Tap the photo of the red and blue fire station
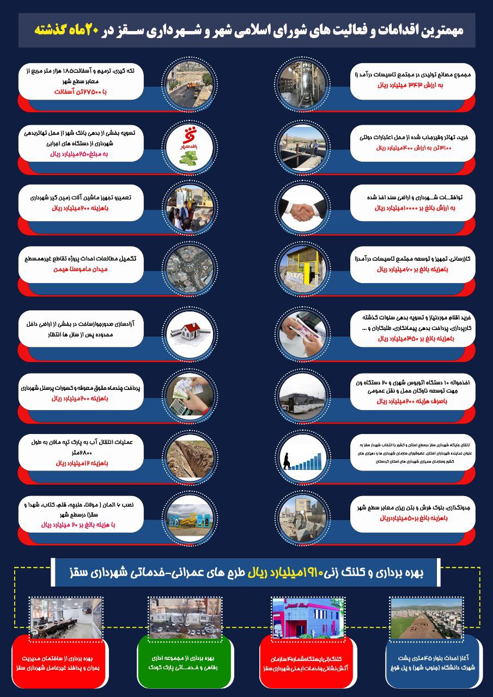click(x=308, y=619)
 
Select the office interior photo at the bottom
click(x=66, y=619)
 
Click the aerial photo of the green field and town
click(x=426, y=619)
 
